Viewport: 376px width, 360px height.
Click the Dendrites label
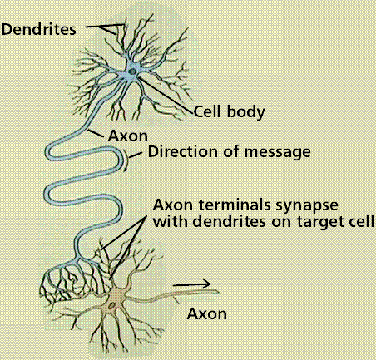click(x=38, y=29)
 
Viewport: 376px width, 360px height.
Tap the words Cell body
click(x=229, y=112)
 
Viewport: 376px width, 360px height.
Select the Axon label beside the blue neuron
click(x=128, y=136)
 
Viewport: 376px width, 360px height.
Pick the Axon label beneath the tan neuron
click(x=207, y=314)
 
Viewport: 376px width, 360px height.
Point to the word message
click(x=278, y=152)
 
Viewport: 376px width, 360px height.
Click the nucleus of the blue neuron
click(x=132, y=72)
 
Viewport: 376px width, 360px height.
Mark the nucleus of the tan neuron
click(x=111, y=306)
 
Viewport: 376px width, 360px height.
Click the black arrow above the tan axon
click(x=191, y=284)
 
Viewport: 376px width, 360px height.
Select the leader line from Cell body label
click(x=166, y=96)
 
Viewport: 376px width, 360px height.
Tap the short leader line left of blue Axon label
click(x=96, y=134)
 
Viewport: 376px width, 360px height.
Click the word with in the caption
click(x=171, y=221)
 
